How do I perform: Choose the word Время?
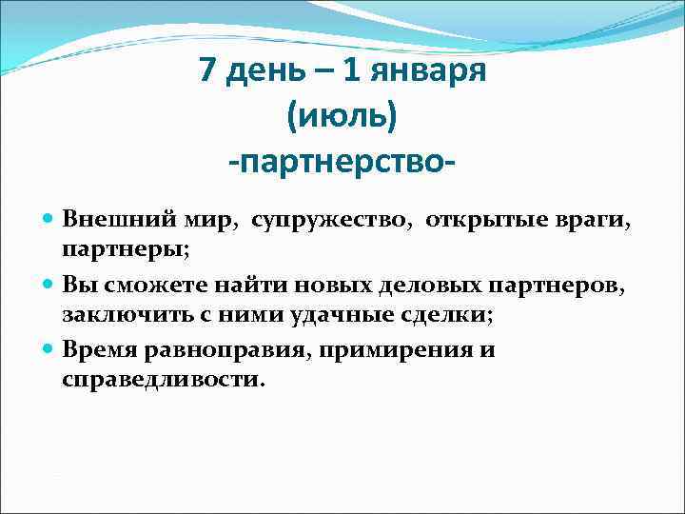(100, 349)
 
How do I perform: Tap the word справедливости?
(165, 379)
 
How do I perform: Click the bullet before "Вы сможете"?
(49, 285)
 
